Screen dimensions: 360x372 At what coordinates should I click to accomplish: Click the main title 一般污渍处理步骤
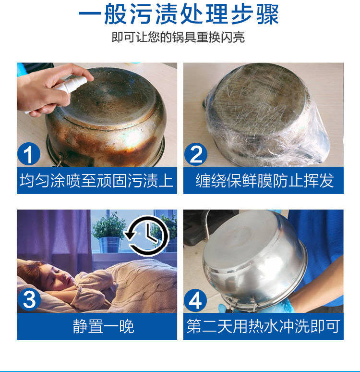tap(179, 14)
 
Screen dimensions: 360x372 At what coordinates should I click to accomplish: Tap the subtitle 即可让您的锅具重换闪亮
tap(178, 37)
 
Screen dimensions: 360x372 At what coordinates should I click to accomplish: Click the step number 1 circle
tap(29, 154)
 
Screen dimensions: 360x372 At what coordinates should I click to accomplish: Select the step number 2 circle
tap(195, 154)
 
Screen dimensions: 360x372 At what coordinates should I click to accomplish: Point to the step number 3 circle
tap(29, 299)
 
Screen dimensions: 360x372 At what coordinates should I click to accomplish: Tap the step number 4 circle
tap(195, 300)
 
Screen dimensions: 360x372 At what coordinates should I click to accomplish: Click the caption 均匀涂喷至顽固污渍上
tap(96, 181)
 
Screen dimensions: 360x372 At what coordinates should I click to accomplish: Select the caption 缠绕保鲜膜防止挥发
tap(264, 181)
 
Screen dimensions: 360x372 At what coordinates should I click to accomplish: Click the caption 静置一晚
tap(103, 326)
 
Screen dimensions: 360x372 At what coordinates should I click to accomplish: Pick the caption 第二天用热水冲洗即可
tap(264, 326)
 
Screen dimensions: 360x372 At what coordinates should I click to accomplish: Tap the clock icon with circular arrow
tap(147, 236)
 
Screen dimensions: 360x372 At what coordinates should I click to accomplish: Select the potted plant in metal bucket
tap(109, 232)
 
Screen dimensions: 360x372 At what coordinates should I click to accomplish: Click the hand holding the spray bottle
tap(48, 90)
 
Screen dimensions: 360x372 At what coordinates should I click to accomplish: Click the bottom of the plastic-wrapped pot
tap(258, 97)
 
